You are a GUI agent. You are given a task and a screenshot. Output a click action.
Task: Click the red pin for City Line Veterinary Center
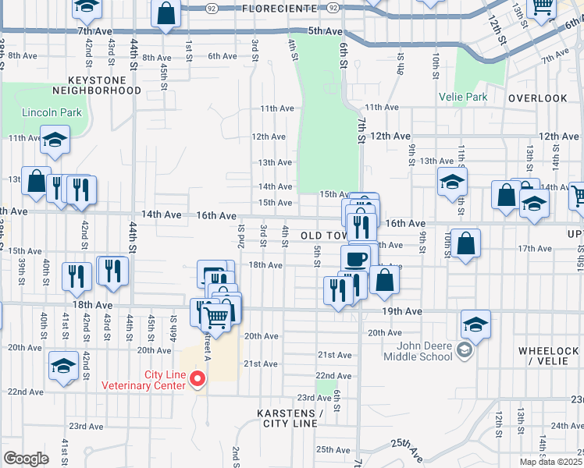[198, 379]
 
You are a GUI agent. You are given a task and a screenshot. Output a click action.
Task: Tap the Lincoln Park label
[52, 112]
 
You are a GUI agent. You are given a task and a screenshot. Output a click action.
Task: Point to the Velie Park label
[464, 97]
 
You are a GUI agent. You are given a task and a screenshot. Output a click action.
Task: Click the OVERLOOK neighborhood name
[537, 98]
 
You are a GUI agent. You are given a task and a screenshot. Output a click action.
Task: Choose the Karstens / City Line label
[289, 418]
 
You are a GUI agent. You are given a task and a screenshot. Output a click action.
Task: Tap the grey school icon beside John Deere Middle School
[465, 350]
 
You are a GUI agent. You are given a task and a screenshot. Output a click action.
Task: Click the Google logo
[26, 459]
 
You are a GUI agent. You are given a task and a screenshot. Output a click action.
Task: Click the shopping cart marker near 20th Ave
[215, 317]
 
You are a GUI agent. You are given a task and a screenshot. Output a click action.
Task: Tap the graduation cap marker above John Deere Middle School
[475, 323]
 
